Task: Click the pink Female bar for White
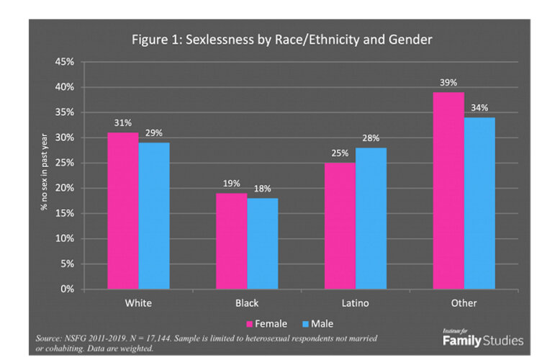coord(123,210)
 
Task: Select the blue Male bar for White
coord(154,215)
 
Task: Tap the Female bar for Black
coord(232,240)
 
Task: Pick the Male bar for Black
coord(262,243)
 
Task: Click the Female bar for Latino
coord(340,225)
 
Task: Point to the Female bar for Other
coord(448,190)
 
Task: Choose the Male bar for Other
coord(479,203)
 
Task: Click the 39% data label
coord(448,83)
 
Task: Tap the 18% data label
coord(262,189)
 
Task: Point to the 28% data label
coord(371,138)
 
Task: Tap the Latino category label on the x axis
coord(355,303)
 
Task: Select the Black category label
coord(247,303)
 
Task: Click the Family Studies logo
coord(482,338)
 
